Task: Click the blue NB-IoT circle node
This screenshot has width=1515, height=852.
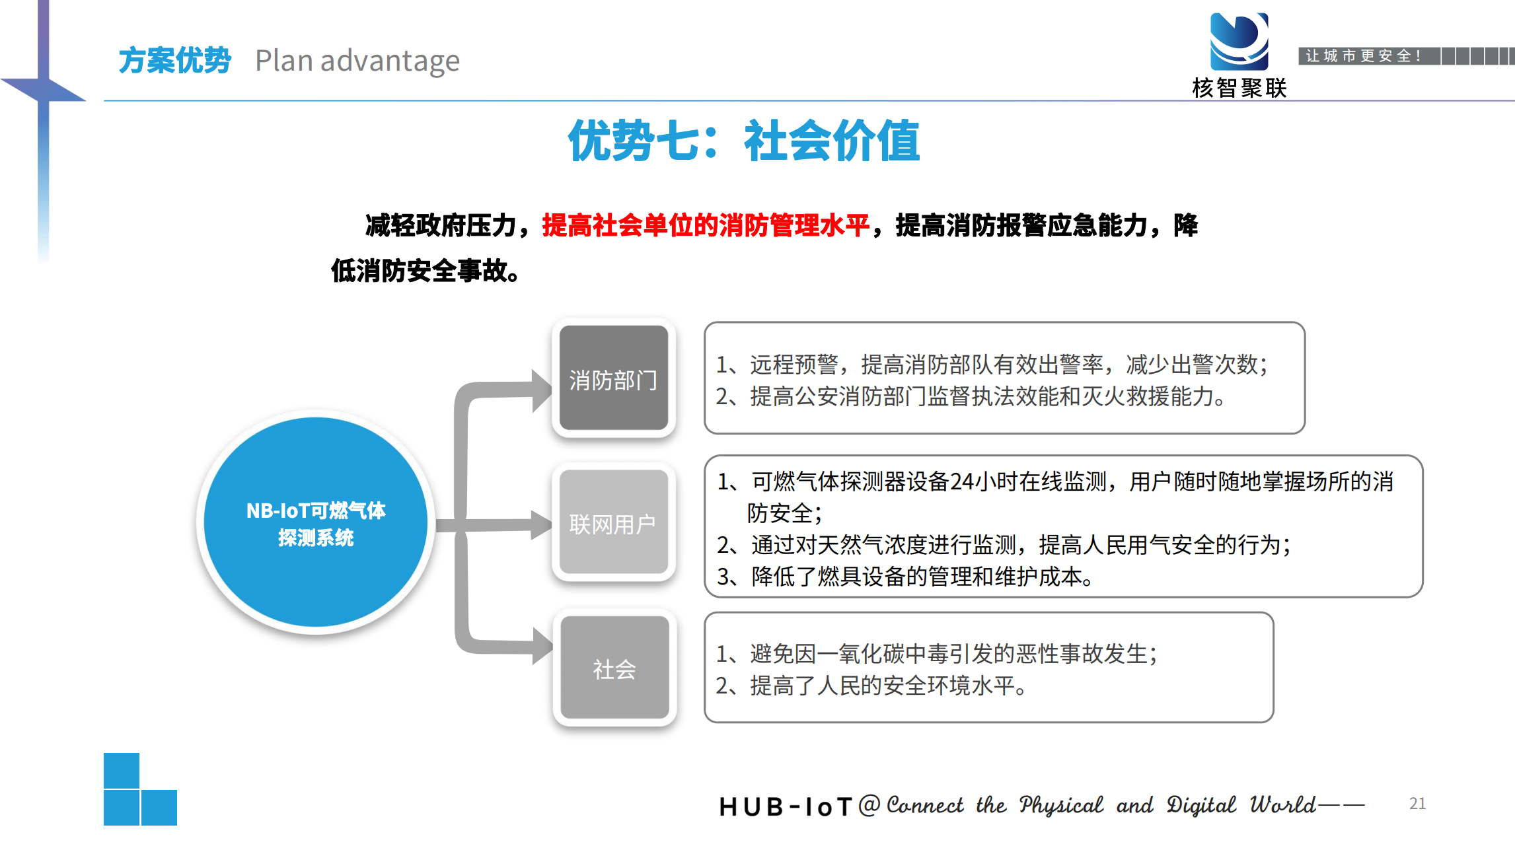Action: pos(316,522)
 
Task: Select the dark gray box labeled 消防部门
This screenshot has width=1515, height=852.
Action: pos(614,378)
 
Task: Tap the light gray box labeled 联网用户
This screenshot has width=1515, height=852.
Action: pos(614,522)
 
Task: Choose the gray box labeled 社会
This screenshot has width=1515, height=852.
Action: pos(614,668)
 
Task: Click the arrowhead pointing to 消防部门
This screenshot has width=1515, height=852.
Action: pos(542,391)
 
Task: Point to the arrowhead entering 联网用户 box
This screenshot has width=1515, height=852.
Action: pos(542,525)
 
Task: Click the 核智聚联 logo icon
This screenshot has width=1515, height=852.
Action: pos(1239,41)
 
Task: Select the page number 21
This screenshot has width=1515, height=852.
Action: pos(1417,803)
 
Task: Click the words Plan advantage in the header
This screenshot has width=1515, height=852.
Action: pos(357,61)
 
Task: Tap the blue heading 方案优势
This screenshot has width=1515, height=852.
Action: pos(175,61)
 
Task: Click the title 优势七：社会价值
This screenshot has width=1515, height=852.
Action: pos(744,140)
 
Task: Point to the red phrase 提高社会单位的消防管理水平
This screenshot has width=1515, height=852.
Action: pos(706,225)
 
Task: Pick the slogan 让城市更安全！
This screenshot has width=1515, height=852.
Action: pos(1363,56)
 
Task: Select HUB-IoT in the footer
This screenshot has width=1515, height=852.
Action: pos(786,806)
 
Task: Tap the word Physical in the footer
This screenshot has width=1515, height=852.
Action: pos(1060,805)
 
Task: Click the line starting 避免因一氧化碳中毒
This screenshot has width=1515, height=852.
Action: pos(937,654)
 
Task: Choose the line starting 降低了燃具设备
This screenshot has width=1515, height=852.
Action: pos(905,577)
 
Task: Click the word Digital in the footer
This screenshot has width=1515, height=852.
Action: pos(1201,805)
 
